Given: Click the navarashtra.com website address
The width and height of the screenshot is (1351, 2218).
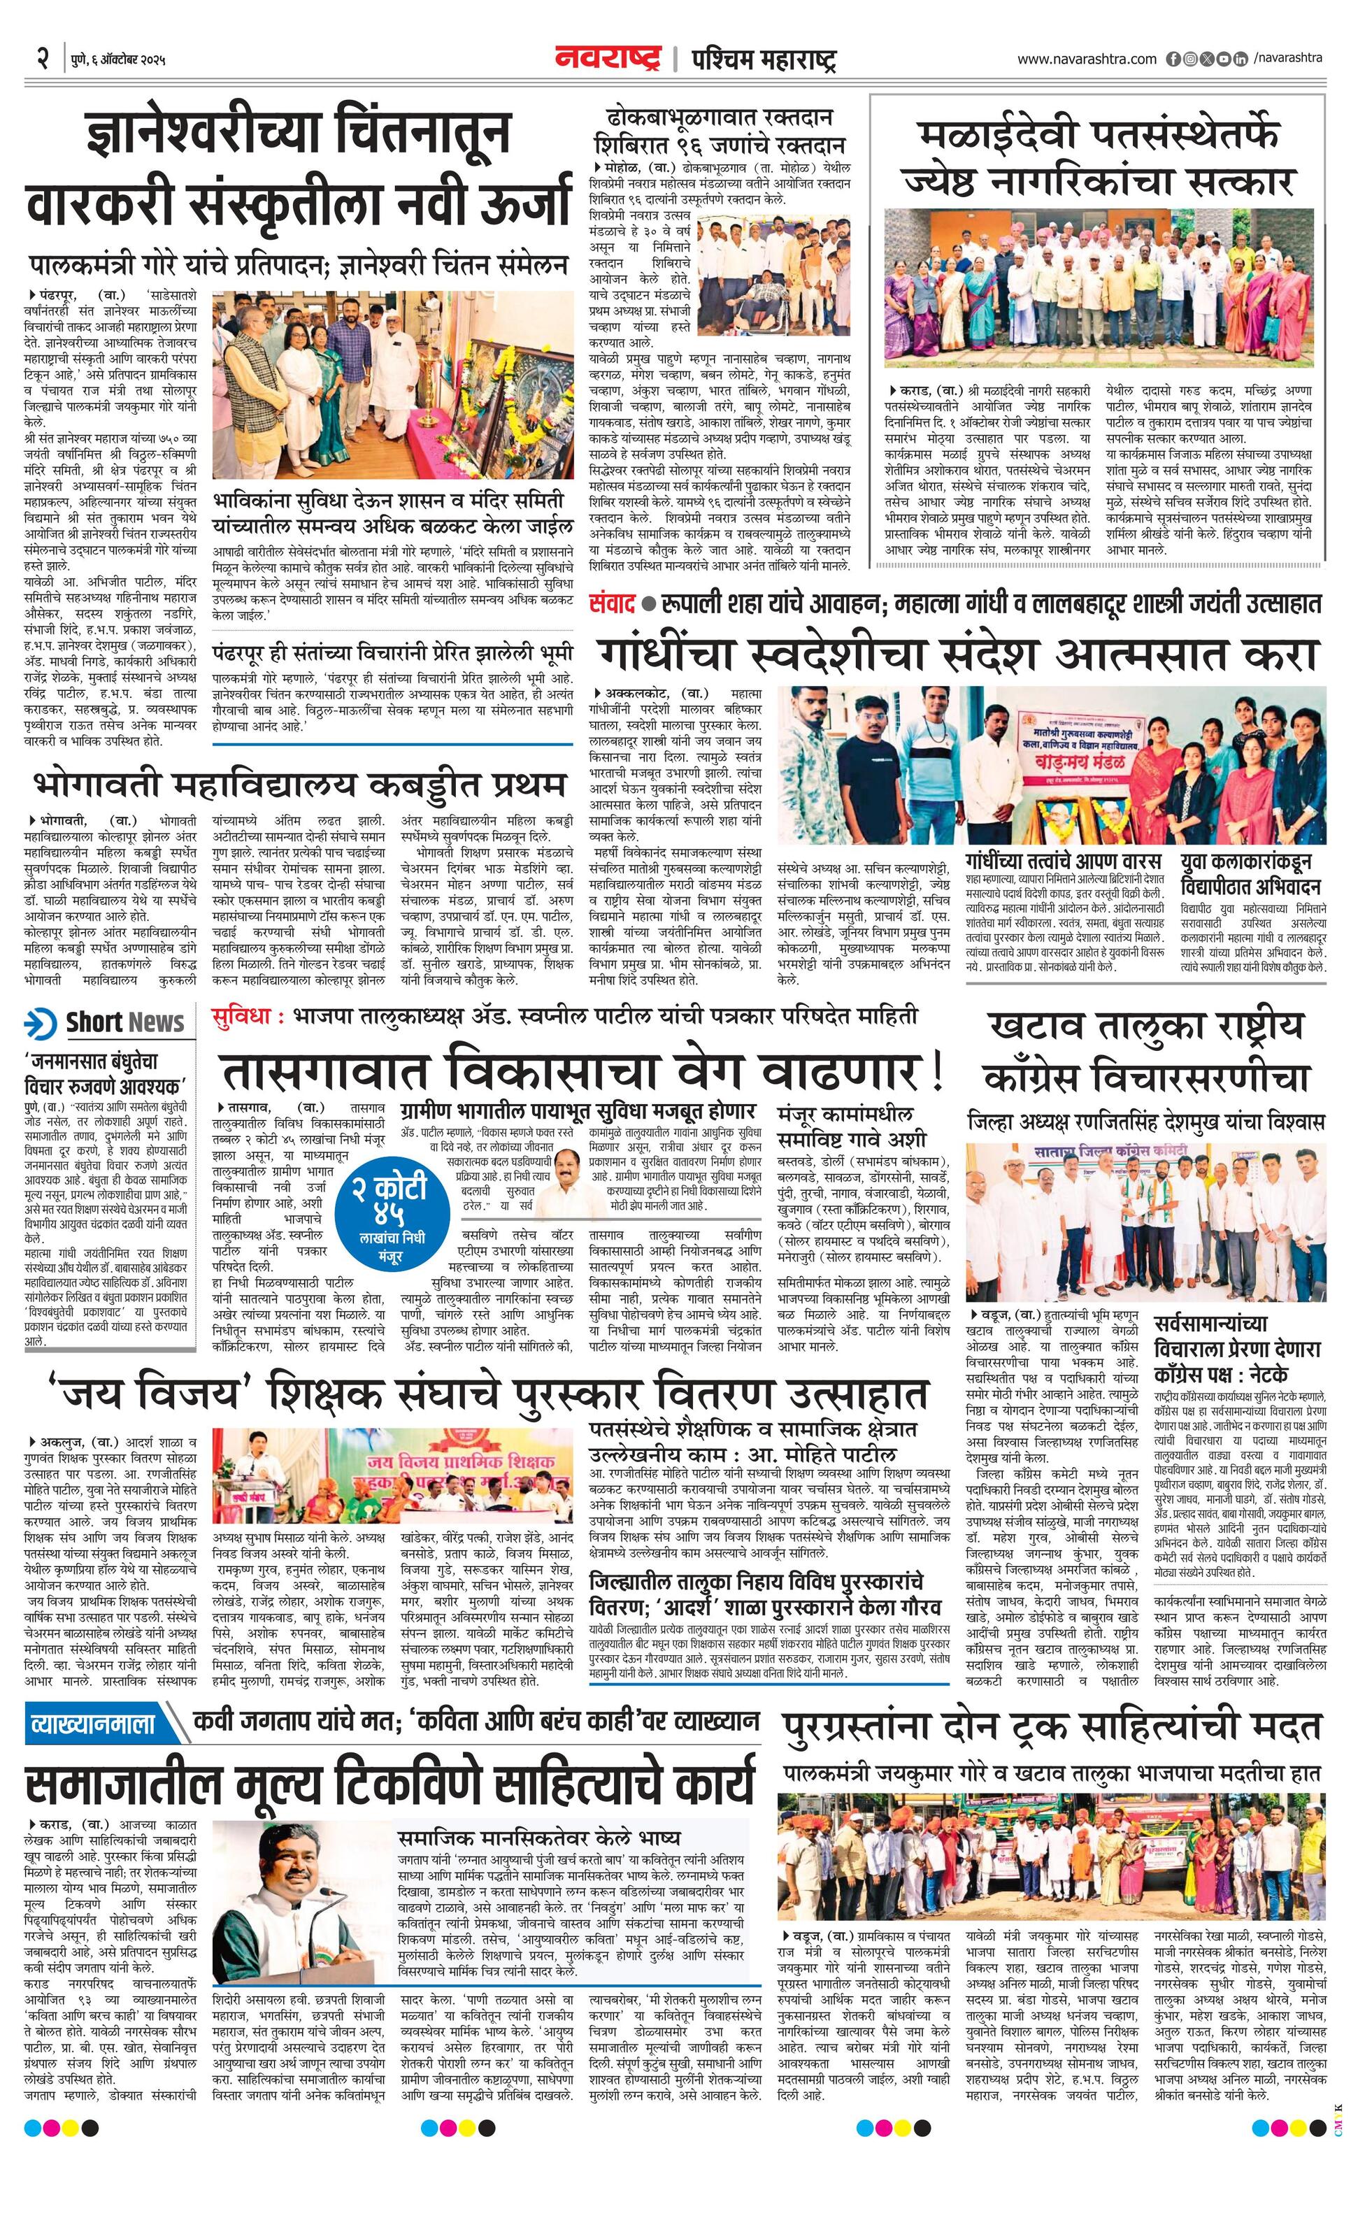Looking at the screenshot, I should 1087,59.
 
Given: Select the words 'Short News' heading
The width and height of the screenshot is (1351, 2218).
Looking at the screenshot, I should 124,1022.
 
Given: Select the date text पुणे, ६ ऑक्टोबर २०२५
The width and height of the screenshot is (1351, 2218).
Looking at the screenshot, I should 119,62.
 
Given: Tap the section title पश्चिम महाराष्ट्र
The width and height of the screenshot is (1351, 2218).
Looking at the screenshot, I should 764,60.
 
